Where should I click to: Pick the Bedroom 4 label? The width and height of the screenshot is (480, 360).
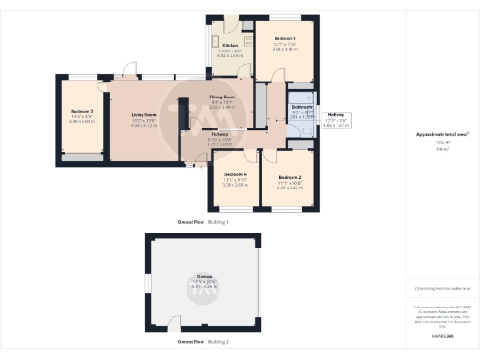(234, 175)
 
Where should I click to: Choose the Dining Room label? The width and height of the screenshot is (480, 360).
(222, 97)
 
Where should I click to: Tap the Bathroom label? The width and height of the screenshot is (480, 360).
(302, 108)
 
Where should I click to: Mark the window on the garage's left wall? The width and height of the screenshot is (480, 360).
(146, 285)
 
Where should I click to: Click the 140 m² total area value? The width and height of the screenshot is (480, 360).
(440, 149)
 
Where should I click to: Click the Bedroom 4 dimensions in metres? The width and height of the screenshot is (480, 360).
(234, 186)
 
